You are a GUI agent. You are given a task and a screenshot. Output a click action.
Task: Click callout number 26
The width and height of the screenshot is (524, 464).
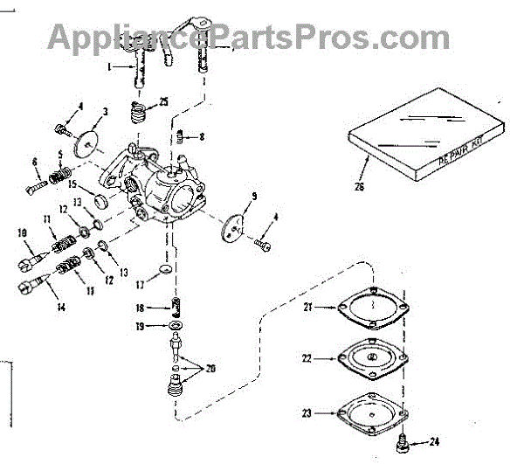[x=360, y=186]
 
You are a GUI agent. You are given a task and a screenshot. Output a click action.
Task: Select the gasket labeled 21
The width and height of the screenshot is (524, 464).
[x=372, y=308]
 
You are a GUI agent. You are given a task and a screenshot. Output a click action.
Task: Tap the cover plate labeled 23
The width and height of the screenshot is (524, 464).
[x=372, y=410]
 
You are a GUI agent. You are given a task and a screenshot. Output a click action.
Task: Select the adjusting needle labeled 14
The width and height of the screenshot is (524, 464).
[x=28, y=285]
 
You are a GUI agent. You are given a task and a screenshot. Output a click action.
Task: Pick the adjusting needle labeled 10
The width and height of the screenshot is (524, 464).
[x=31, y=260]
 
